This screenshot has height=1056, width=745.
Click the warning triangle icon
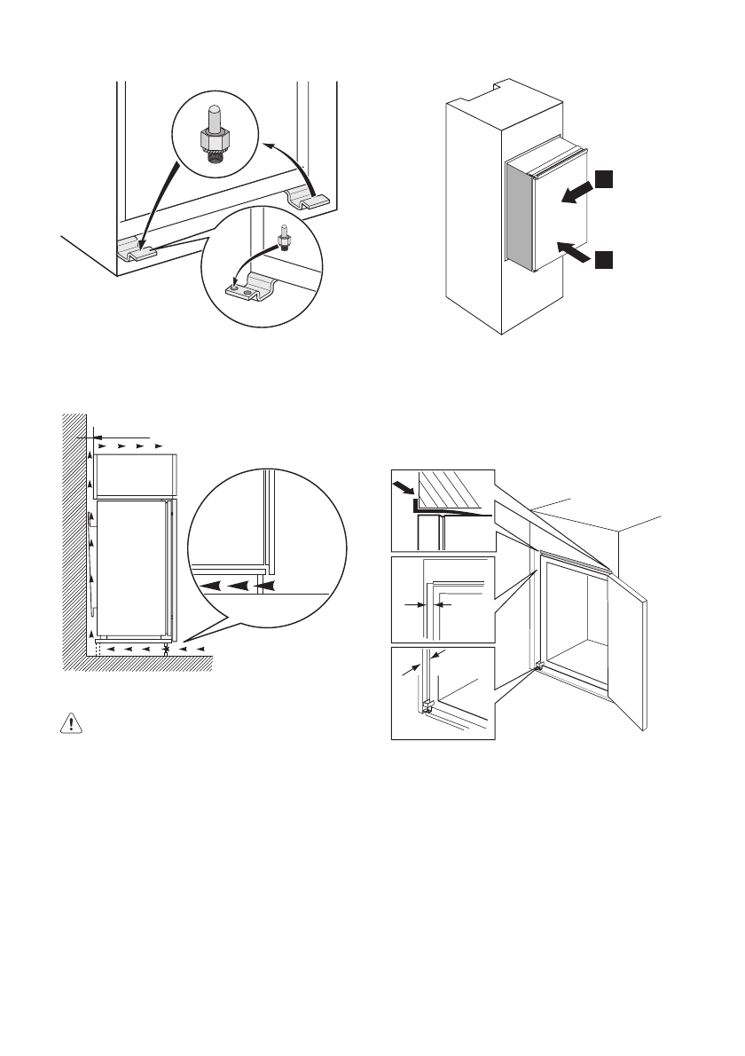(69, 723)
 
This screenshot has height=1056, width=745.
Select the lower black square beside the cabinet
(603, 259)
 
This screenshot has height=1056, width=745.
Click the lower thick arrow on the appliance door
(574, 253)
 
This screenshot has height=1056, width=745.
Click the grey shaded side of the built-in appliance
(518, 217)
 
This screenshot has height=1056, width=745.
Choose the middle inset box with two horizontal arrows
(443, 599)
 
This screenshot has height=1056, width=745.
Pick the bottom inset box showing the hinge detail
(443, 694)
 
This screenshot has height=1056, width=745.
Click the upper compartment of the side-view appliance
(137, 476)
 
